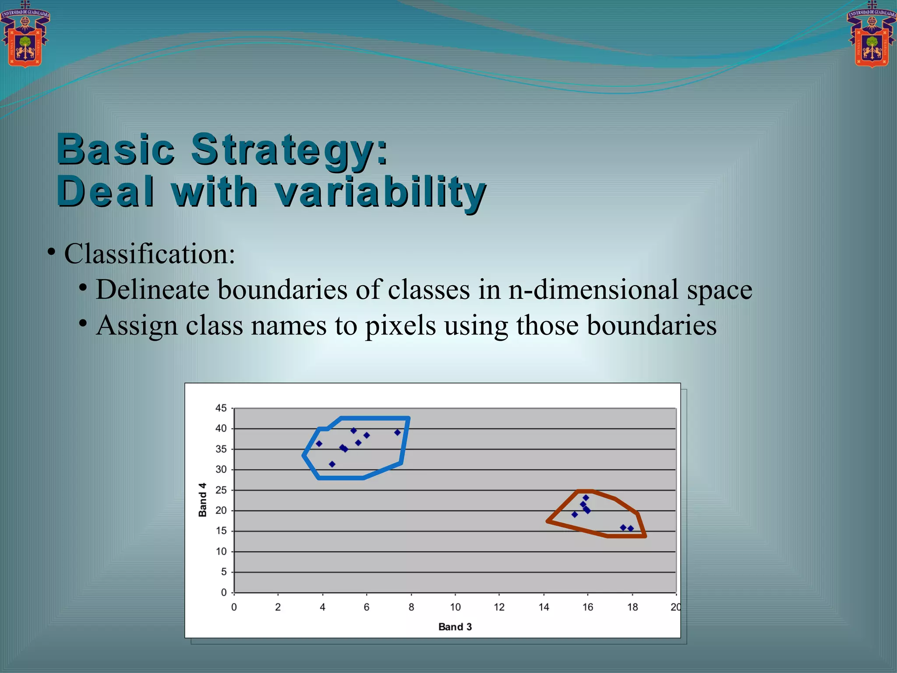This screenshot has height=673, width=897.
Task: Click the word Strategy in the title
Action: (290, 150)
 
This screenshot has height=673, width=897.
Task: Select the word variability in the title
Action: (381, 193)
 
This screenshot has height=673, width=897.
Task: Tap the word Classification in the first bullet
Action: (149, 254)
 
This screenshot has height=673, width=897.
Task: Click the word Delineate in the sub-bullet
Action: (152, 290)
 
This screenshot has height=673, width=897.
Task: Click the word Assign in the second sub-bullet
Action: (137, 326)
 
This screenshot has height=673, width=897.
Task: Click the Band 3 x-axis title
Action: (455, 627)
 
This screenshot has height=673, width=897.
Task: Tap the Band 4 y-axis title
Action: (202, 499)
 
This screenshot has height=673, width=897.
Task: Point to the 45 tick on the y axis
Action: (221, 408)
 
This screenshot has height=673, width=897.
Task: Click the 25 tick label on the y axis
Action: (221, 490)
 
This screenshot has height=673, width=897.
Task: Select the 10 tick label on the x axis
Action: (455, 607)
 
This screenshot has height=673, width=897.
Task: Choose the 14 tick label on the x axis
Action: (544, 607)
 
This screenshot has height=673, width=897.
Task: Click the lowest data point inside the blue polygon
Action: (332, 464)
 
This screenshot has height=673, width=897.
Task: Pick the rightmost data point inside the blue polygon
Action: (397, 432)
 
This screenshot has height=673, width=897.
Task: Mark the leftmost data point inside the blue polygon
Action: (319, 444)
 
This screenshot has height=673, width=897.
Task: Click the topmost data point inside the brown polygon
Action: (586, 498)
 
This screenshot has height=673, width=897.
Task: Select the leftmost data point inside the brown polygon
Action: (575, 514)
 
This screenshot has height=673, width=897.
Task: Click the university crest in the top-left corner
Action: (25, 35)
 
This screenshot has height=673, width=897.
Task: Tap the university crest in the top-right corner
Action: (872, 35)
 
